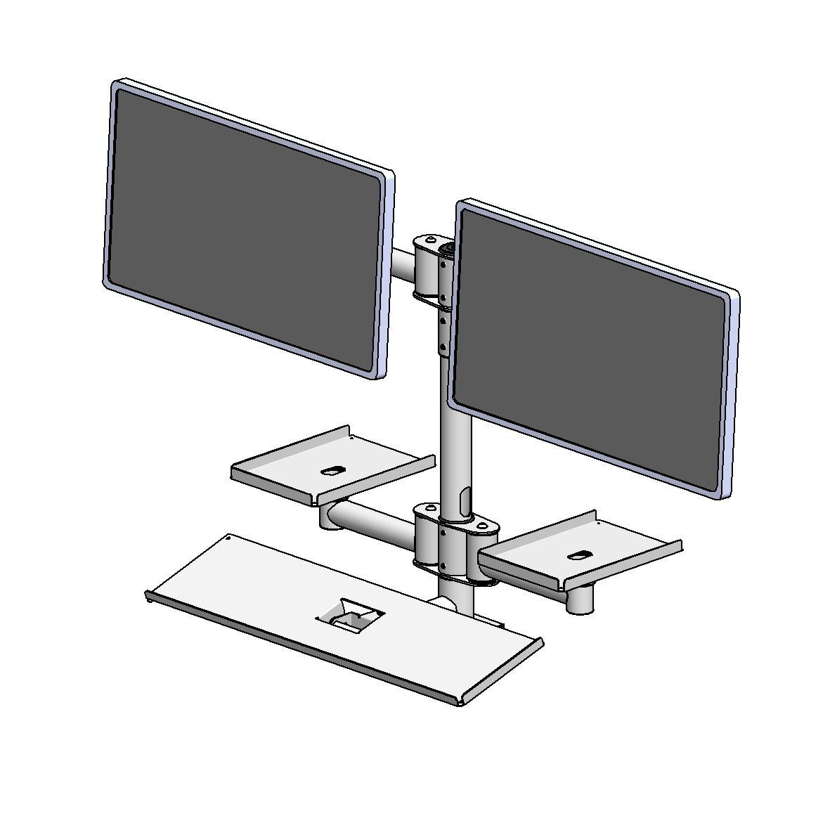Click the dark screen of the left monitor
point(246,228)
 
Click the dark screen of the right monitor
point(590,348)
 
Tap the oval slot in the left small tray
point(332,470)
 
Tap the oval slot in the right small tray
point(578,556)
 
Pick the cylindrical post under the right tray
point(580,599)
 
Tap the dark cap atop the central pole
point(447,248)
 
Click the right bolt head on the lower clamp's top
point(482,524)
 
